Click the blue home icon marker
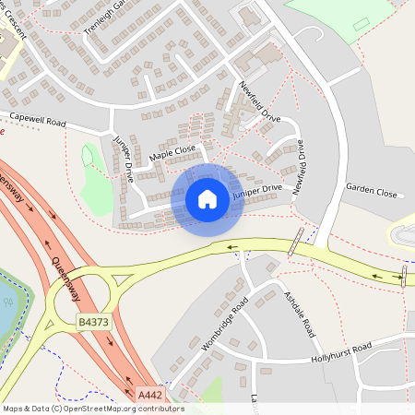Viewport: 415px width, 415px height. pyautogui.click(x=207, y=199)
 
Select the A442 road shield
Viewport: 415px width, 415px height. pyautogui.click(x=150, y=394)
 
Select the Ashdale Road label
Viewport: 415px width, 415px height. pyautogui.click(x=300, y=314)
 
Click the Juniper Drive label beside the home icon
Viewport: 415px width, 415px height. pyautogui.click(x=257, y=190)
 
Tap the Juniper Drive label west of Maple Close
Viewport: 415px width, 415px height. pyautogui.click(x=124, y=159)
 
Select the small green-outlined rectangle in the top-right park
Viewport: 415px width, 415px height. pyautogui.click(x=360, y=24)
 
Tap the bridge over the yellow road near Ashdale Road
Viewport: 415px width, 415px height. pyautogui.click(x=294, y=243)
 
